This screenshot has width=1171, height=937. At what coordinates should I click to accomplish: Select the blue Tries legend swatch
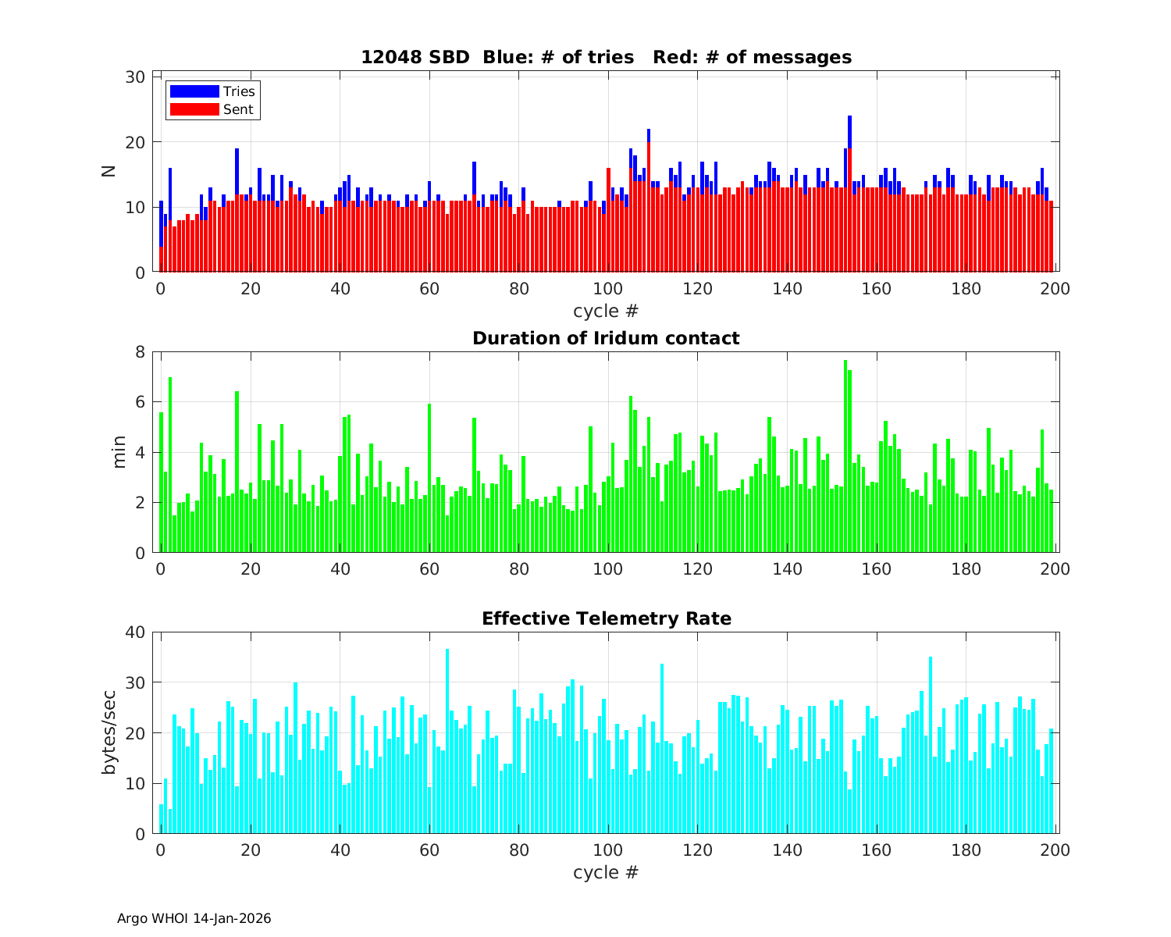coord(194,91)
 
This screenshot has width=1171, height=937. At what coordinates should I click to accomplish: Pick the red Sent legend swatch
coord(194,109)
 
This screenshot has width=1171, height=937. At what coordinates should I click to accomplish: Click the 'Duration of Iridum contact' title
coord(606,338)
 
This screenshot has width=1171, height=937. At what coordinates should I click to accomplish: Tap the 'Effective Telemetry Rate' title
coord(606,618)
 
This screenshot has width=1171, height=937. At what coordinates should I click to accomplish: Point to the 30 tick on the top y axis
coord(136,77)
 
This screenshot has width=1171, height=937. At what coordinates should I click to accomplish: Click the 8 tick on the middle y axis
coord(141,351)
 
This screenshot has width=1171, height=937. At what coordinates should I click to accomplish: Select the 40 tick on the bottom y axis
coord(136,632)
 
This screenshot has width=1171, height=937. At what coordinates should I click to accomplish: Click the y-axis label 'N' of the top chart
coord(109,171)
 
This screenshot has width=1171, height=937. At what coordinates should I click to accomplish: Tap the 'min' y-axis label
coord(119,452)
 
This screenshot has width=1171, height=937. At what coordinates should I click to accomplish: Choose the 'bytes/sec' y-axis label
coord(109,732)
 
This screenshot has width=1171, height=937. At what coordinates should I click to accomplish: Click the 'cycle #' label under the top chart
coord(606,311)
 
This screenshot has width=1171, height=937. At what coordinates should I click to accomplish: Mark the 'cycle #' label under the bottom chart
coord(606,871)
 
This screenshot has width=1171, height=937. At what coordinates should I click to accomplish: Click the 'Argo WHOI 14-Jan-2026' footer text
coord(194,918)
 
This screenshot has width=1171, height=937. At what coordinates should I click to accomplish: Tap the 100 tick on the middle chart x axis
coord(607,569)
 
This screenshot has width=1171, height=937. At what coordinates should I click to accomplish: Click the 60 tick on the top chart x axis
coord(429,288)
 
